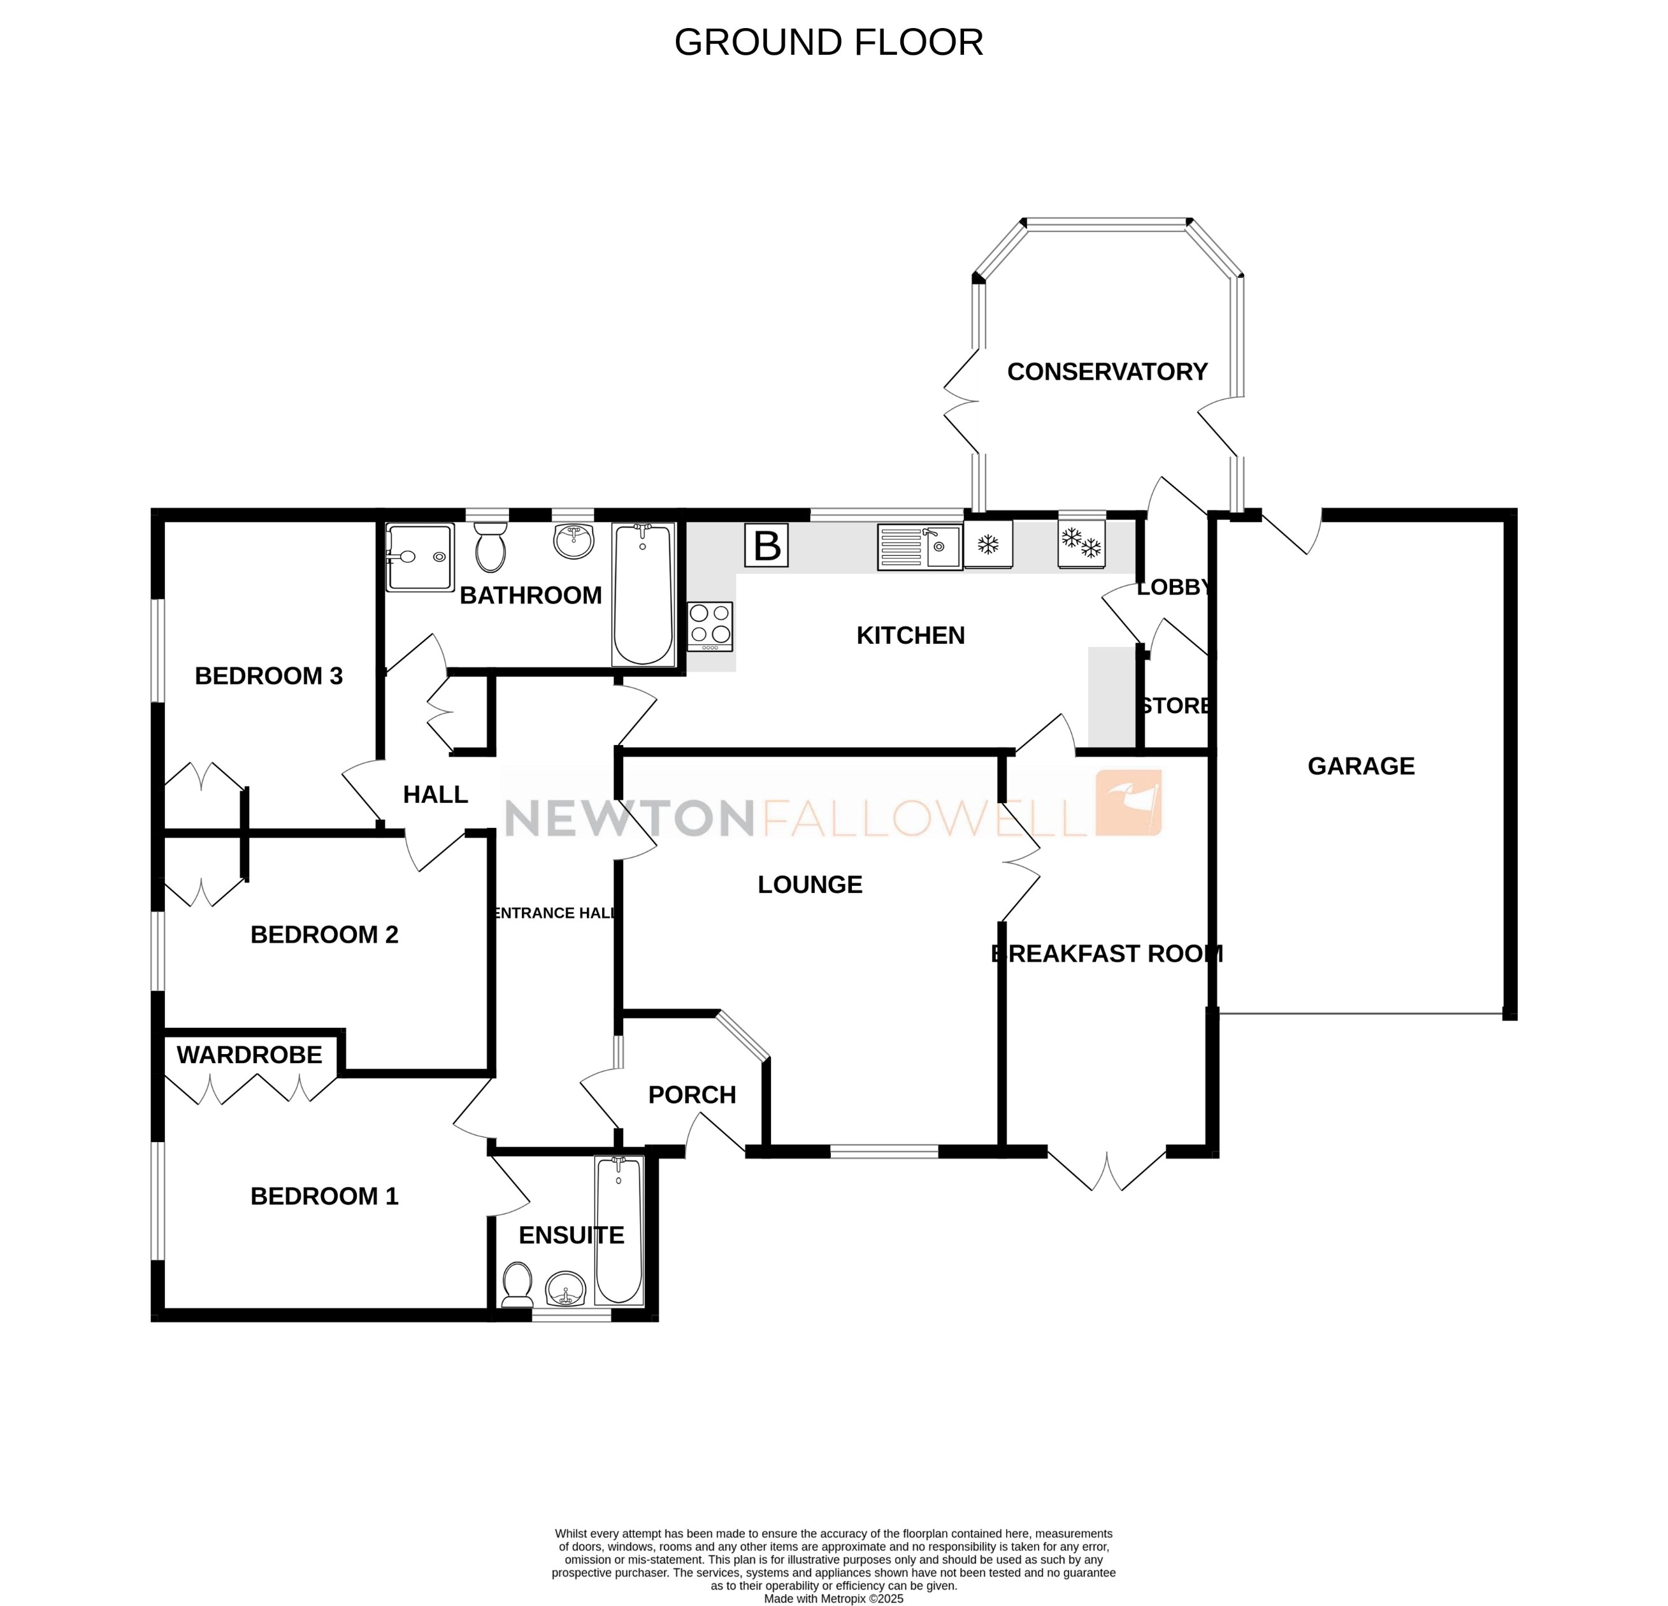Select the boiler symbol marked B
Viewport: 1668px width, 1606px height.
766,546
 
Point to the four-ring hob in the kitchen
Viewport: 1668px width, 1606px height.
710,626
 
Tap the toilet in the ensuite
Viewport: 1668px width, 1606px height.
517,1284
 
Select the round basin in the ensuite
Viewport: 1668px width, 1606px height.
565,1288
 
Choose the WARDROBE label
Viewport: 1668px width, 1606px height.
249,1055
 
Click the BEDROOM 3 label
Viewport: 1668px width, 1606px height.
268,676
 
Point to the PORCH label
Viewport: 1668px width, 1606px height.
692,1096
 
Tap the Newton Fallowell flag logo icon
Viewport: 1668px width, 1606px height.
1128,802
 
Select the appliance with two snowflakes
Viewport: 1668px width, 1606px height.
1081,544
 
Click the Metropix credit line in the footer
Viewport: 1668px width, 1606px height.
833,1598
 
